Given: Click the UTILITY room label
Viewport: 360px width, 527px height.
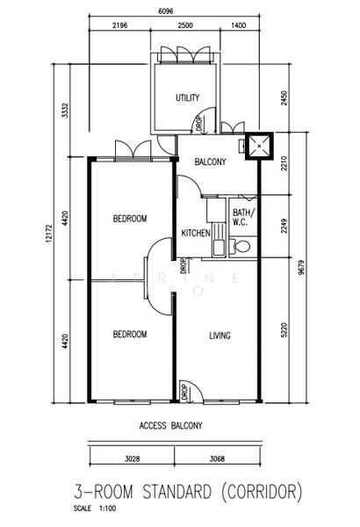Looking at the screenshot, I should pyautogui.click(x=187, y=97).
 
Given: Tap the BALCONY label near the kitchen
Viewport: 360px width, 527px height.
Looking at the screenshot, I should pyautogui.click(x=211, y=162).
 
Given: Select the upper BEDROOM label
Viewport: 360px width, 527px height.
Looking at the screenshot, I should pyautogui.click(x=130, y=219).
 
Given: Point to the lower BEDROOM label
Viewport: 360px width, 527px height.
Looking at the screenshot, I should pyautogui.click(x=130, y=334).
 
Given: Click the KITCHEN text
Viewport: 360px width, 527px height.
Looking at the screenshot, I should pyautogui.click(x=194, y=234).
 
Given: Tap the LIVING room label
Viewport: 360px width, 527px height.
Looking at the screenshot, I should pyautogui.click(x=220, y=335).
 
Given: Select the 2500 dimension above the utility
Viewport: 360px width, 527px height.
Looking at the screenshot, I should pyautogui.click(x=184, y=27).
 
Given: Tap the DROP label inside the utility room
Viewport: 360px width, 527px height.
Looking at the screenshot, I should pyautogui.click(x=198, y=124).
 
